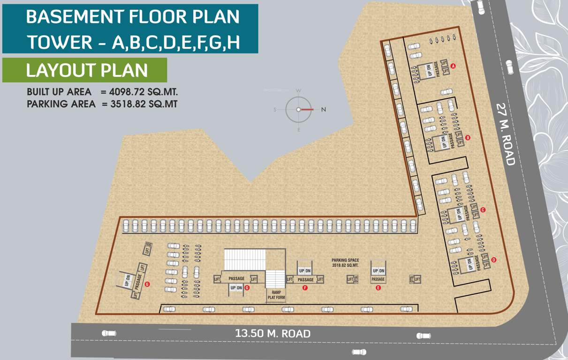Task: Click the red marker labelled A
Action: click(453, 66)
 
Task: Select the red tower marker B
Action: click(468, 137)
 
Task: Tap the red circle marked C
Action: click(483, 210)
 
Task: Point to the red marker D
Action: click(493, 260)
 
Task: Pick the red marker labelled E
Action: click(378, 288)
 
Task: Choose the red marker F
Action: click(305, 288)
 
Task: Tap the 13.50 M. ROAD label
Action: click(273, 334)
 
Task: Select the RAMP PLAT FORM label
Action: click(276, 295)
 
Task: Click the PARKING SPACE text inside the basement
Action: click(345, 260)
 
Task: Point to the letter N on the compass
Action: click(323, 110)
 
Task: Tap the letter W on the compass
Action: click(298, 90)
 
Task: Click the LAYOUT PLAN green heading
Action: click(87, 70)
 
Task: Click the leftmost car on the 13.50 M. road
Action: click(109, 333)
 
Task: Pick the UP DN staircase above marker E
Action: click(378, 271)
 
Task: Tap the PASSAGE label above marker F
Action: click(306, 280)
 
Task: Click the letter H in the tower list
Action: click(233, 42)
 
